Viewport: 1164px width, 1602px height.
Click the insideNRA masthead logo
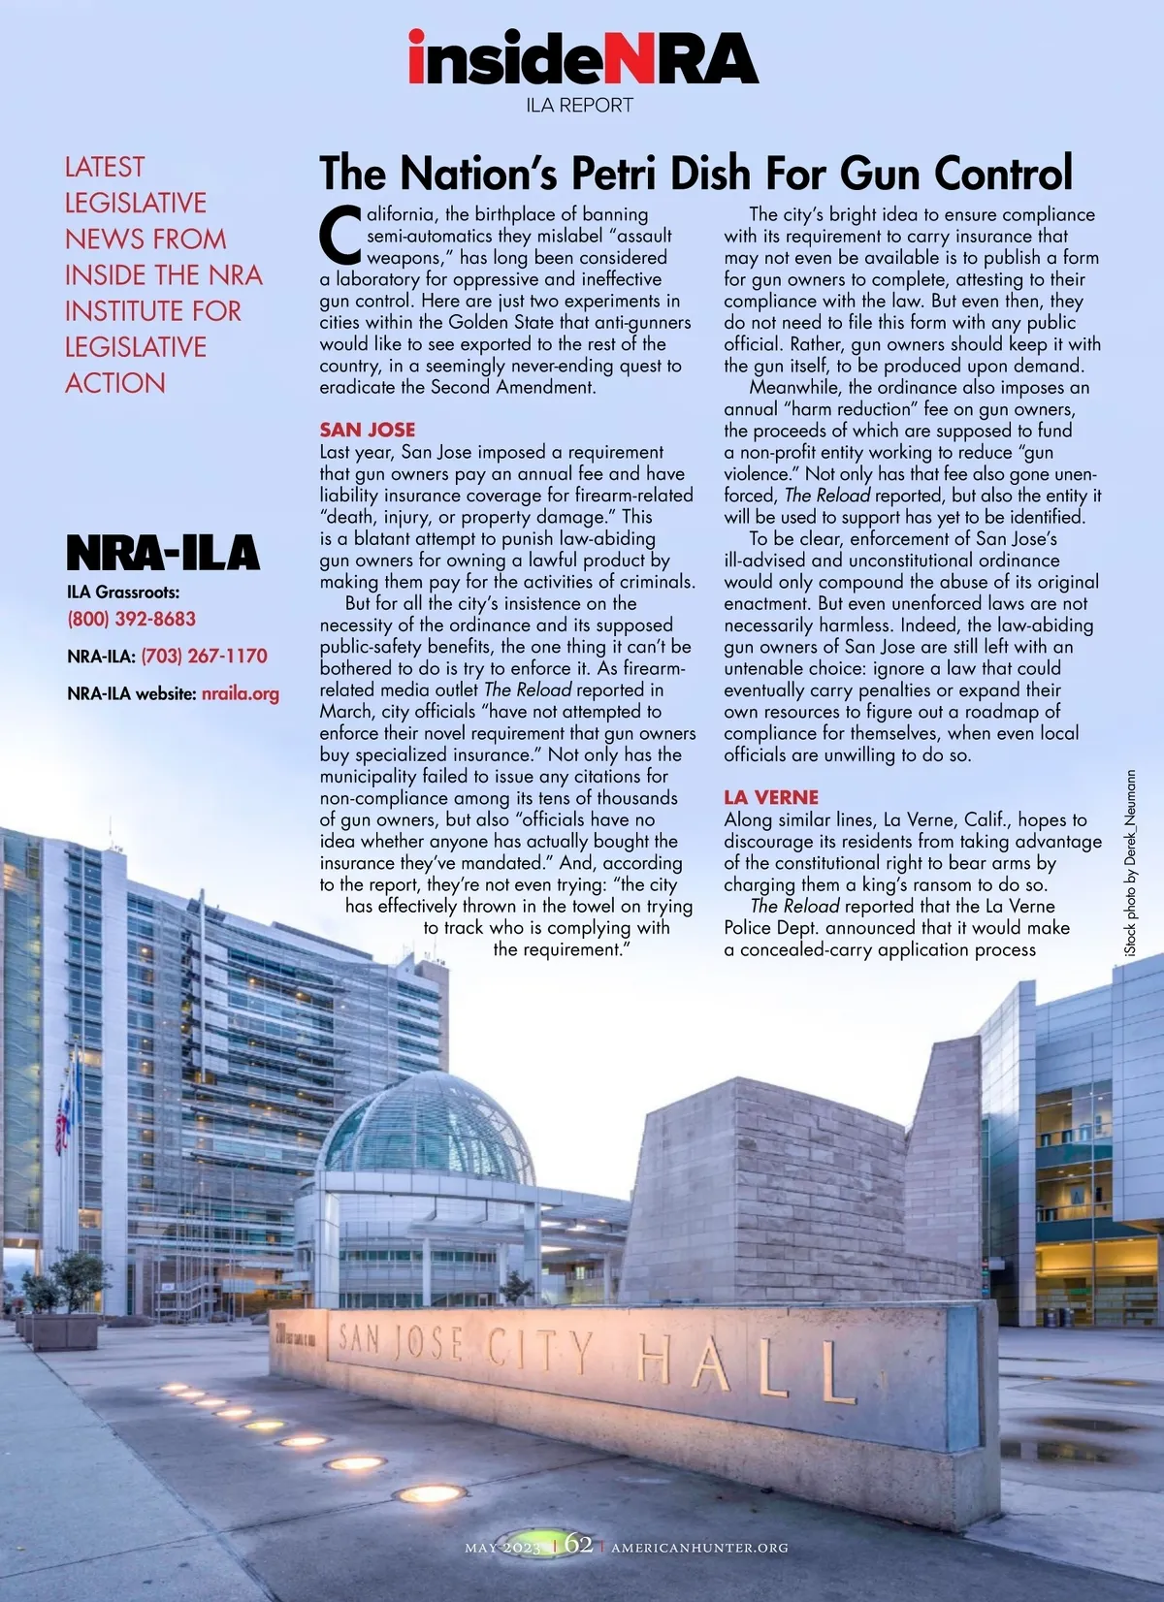582,58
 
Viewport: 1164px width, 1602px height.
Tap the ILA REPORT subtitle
579,105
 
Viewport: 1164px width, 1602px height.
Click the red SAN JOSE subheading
368,430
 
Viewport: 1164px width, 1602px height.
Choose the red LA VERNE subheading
771,797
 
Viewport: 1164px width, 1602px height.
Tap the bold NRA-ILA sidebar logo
163,553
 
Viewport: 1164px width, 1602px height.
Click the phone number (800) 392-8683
131,619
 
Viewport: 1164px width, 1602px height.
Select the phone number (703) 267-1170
204,656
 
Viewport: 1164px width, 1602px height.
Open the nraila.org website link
240,693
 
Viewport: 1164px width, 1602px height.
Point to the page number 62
578,1543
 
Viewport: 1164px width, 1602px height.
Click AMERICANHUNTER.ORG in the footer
699,1548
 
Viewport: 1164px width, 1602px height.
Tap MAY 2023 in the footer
502,1548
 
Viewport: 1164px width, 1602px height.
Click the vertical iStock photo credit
1130,864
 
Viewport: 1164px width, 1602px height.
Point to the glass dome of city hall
427,1125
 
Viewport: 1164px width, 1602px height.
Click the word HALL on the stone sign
747,1367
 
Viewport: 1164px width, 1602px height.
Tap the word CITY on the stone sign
539,1351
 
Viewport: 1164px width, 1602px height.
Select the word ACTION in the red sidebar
115,383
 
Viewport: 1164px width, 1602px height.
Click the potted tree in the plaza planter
78,1280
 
